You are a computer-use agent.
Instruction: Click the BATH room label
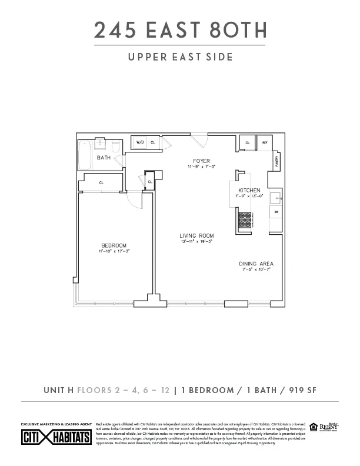[104, 158]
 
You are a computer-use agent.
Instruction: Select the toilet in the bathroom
[115, 145]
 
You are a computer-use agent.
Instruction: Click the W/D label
[141, 142]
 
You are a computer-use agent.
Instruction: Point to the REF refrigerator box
[265, 142]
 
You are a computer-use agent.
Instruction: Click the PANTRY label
[276, 159]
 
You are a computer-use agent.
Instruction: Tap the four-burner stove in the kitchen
[244, 220]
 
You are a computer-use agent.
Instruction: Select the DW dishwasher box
[276, 211]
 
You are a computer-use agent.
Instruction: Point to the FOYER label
[202, 161]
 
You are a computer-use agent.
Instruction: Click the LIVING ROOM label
[196, 236]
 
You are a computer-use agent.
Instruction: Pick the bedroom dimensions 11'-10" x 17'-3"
[114, 251]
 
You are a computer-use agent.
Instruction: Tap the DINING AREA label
[256, 264]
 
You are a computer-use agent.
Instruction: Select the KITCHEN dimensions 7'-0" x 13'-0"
[249, 195]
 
